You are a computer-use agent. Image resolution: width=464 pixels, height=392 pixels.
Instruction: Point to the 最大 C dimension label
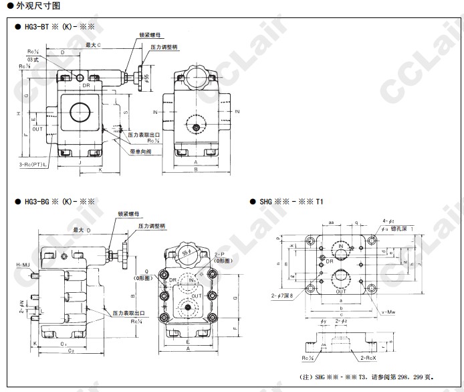pos(93,44)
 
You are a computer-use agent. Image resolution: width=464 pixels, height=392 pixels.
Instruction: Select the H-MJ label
pos(23,266)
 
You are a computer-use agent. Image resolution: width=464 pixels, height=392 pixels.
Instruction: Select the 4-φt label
pos(387,220)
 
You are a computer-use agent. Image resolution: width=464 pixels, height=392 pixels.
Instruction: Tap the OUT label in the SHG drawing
pos(341,291)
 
